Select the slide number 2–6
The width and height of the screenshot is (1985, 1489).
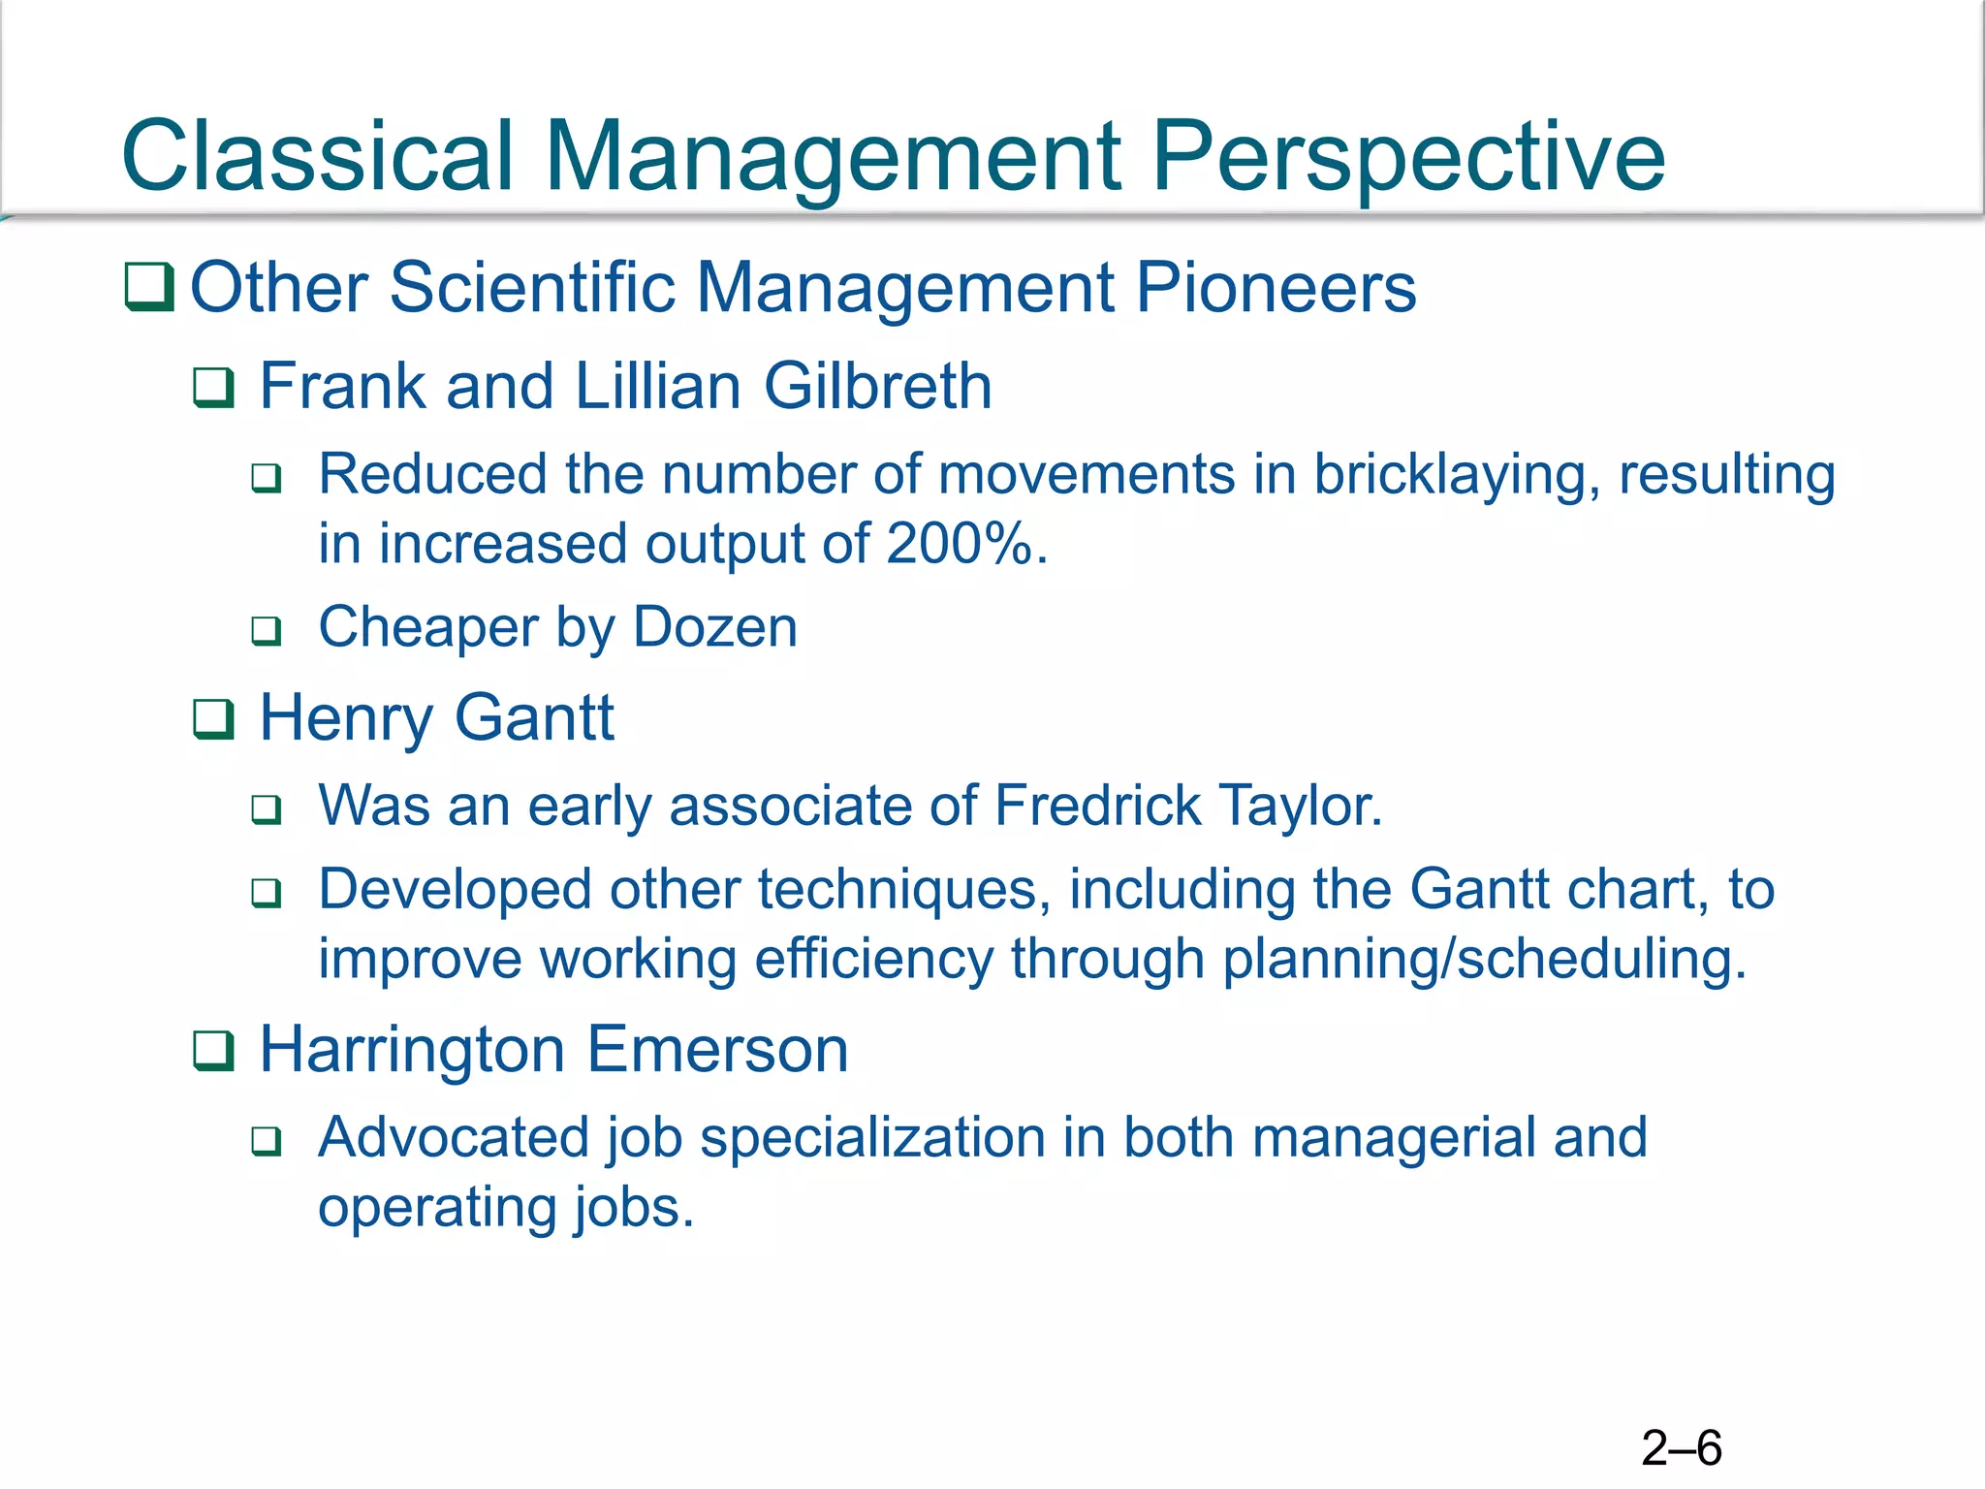(1681, 1448)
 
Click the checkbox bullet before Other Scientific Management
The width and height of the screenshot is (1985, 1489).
(149, 288)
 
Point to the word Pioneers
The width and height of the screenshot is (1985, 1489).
(1276, 289)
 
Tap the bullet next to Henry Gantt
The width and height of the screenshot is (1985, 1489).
(213, 719)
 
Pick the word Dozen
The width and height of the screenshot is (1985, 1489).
(714, 627)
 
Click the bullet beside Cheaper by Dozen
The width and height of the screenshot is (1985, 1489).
(266, 631)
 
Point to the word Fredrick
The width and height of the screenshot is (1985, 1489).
(1098, 807)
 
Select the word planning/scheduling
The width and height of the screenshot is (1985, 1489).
(1483, 960)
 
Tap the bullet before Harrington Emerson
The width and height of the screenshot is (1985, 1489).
(213, 1051)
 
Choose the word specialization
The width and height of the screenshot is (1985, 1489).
(871, 1138)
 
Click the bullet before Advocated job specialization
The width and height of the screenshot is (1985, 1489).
(266, 1141)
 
